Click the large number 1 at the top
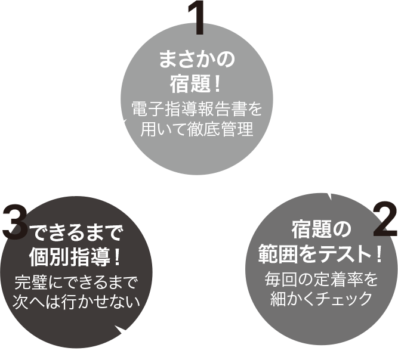[x=197, y=19]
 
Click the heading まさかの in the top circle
[x=196, y=59]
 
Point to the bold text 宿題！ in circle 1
[x=196, y=84]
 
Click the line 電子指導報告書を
[x=196, y=110]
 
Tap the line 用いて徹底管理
[x=196, y=129]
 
